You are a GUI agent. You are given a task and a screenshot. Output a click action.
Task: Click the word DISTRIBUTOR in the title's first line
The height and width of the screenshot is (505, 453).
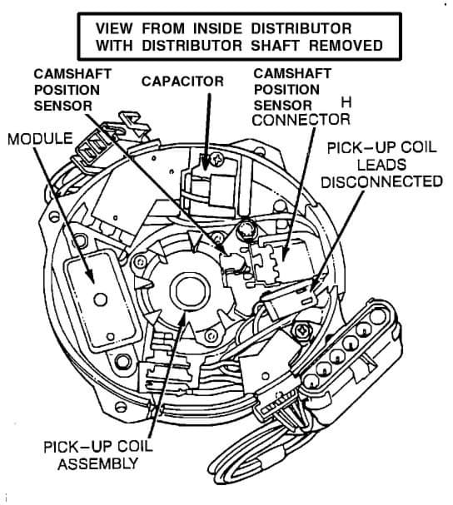(301, 28)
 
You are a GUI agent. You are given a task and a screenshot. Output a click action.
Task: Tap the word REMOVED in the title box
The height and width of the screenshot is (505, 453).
(346, 46)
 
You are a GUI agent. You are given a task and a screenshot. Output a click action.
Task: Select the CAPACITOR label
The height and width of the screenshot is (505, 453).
(182, 82)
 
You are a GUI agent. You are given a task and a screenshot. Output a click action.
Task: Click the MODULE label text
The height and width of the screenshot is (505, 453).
(40, 139)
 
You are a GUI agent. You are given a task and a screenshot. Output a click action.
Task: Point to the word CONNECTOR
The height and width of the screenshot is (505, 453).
(301, 120)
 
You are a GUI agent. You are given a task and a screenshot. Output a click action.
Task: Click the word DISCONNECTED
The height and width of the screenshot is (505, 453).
(381, 181)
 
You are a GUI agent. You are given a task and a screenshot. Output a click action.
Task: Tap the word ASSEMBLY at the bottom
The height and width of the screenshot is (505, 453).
(98, 463)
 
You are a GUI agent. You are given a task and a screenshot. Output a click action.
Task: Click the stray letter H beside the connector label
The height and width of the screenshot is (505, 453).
(346, 102)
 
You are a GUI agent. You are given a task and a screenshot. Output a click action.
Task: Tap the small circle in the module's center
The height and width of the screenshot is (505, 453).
(100, 300)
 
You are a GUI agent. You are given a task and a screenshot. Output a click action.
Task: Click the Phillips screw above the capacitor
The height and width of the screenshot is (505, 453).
(217, 159)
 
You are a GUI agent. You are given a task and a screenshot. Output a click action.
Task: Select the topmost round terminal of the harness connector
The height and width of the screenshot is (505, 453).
(378, 317)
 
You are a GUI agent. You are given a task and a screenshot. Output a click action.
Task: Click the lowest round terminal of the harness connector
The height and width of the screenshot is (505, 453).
(311, 383)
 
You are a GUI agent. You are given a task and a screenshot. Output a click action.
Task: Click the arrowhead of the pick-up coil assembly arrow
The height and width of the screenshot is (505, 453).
(182, 319)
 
